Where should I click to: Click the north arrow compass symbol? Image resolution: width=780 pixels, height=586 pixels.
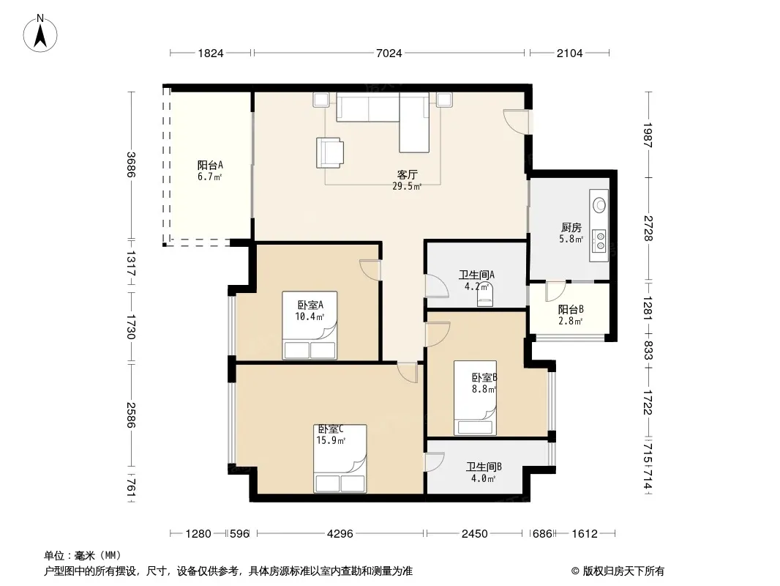40,34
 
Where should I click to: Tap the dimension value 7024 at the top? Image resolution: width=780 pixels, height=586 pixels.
389,53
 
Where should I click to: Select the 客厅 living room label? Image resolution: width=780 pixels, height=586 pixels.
407,175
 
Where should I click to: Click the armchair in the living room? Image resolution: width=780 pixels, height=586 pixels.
330,153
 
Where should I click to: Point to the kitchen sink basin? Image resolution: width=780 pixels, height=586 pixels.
599,204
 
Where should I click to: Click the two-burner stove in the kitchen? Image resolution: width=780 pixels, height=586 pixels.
601,240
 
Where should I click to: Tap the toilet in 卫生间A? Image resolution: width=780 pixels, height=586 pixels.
485,297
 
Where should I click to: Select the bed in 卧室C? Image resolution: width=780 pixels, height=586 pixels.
340,459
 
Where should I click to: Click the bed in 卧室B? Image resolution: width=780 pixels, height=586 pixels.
475,398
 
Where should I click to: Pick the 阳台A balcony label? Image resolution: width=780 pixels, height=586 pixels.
210,165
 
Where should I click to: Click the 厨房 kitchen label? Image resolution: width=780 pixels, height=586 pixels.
571,228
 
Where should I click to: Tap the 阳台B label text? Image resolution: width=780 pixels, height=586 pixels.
571,310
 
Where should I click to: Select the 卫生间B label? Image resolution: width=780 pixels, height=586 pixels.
484,467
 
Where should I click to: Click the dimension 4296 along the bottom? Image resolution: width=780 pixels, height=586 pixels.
340,534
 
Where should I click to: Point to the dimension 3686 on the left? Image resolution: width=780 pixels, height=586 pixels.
131,164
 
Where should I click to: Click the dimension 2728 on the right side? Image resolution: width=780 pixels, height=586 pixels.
648,228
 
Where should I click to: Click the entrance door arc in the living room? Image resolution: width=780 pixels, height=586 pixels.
516,121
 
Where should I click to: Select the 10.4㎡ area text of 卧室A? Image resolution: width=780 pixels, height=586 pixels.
310,316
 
